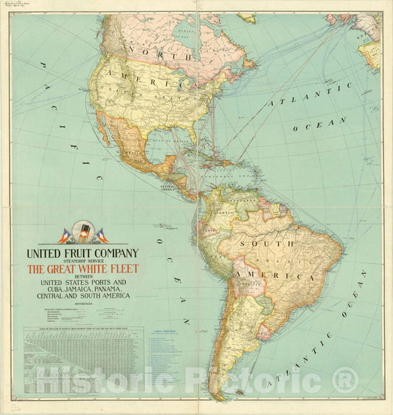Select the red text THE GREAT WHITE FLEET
tap(83, 270)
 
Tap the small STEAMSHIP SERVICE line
tap(83, 261)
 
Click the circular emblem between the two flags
tap(83, 234)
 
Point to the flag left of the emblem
tap(65, 236)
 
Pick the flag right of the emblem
tap(100, 236)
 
